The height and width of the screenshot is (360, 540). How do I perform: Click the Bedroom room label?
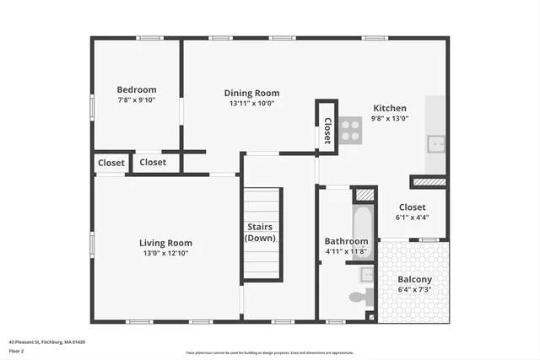tap(136, 89)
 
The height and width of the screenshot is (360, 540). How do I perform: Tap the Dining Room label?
tap(251, 93)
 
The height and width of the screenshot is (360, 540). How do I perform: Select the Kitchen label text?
tap(390, 108)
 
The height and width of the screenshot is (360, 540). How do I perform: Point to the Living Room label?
tap(165, 243)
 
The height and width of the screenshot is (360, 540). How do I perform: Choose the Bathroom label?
tap(346, 241)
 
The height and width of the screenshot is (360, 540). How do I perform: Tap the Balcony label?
tap(414, 279)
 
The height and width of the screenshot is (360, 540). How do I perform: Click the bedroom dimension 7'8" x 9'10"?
tap(136, 99)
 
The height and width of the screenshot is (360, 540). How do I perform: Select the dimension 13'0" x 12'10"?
tap(165, 253)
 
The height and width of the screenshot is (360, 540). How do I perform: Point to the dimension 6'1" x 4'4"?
tap(413, 217)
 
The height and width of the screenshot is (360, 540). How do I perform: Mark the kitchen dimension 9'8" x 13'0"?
tap(390, 118)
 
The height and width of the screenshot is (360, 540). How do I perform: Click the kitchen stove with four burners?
tap(351, 128)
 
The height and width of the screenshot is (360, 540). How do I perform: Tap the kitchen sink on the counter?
tap(436, 143)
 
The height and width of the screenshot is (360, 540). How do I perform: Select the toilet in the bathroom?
tap(358, 297)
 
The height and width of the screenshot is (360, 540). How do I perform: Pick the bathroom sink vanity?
tap(368, 274)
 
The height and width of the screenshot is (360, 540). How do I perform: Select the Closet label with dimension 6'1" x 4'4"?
tap(413, 207)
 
